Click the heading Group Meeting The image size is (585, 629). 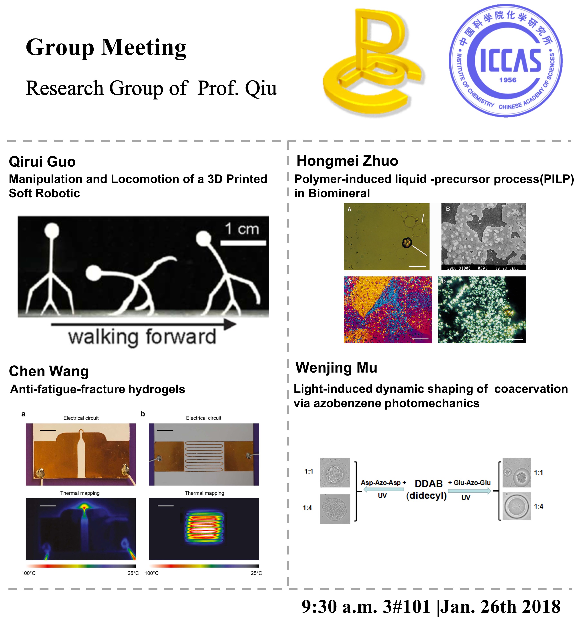coord(106,47)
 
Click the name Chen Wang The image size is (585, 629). coord(49,371)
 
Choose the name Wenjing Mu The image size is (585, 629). coord(336,368)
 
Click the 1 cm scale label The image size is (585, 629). coord(242,228)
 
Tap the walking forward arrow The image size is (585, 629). coord(144,324)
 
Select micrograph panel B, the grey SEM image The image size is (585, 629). coord(483,237)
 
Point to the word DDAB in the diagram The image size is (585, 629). coord(428,484)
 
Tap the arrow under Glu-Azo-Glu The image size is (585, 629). coord(469,491)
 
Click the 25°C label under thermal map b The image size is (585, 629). coord(256,573)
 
